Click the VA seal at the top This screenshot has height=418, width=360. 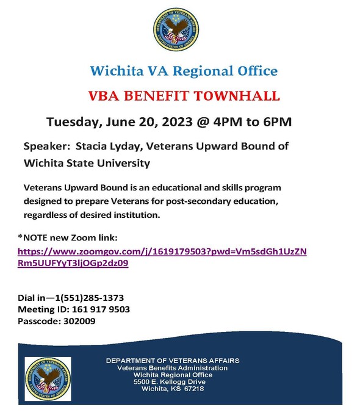(176, 28)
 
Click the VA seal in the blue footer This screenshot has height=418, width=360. (48, 379)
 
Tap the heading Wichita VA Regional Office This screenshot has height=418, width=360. (184, 71)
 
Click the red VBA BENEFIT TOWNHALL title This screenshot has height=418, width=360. (184, 96)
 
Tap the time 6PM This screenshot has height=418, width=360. (275, 121)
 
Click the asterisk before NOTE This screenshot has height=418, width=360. (20, 237)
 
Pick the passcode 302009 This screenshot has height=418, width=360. (79, 322)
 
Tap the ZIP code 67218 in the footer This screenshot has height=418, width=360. (192, 389)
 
